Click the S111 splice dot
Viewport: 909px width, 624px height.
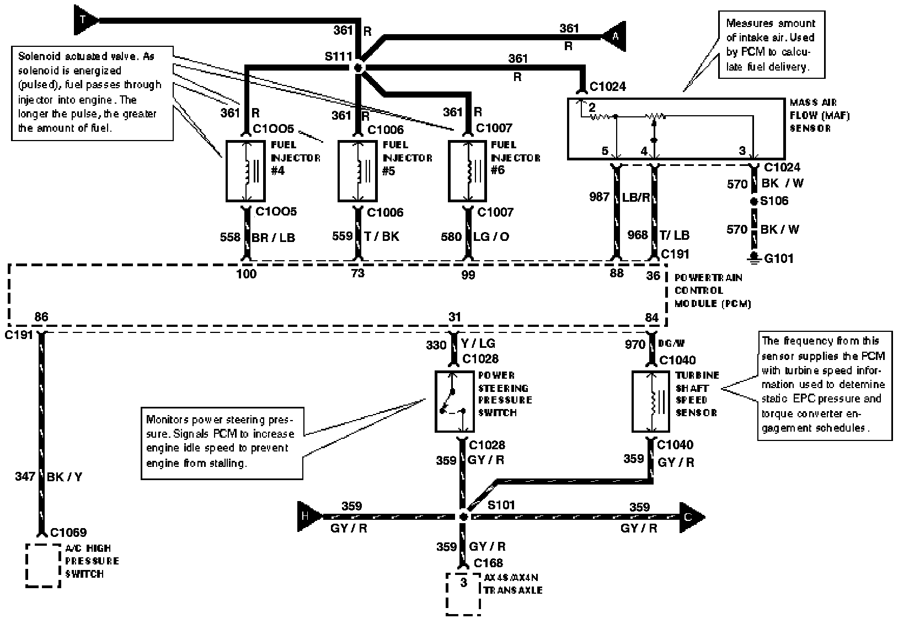pyautogui.click(x=358, y=68)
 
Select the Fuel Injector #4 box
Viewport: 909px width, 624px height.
pyautogui.click(x=245, y=171)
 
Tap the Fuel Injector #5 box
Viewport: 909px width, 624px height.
pyautogui.click(x=357, y=171)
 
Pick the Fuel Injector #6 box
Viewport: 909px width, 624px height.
pyautogui.click(x=467, y=171)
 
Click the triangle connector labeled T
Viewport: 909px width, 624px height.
pyautogui.click(x=84, y=20)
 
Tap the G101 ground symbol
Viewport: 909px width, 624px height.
pyautogui.click(x=753, y=257)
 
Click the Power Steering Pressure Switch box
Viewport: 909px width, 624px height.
pyautogui.click(x=455, y=401)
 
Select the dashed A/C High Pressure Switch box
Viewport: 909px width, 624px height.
pyautogui.click(x=42, y=566)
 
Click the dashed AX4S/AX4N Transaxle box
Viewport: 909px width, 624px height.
pyautogui.click(x=463, y=593)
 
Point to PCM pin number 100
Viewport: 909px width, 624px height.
pyautogui.click(x=246, y=273)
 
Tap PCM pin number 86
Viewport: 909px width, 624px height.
pyautogui.click(x=41, y=317)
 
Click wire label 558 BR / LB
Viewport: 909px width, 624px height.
pyautogui.click(x=258, y=237)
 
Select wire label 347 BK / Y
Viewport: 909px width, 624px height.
pyautogui.click(x=49, y=477)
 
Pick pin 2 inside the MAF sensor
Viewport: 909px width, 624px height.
pyautogui.click(x=592, y=107)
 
